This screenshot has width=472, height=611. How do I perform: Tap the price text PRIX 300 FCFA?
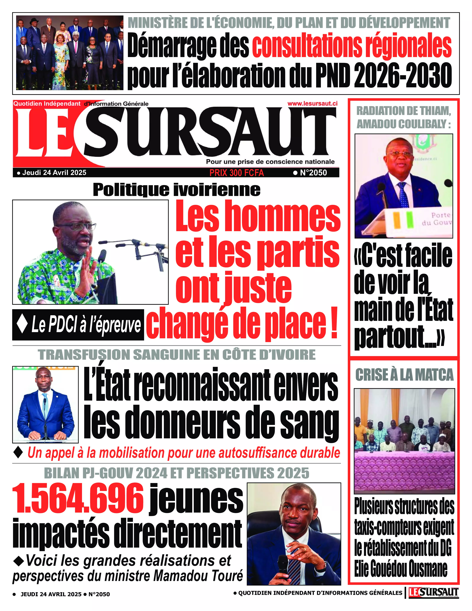tap(237, 173)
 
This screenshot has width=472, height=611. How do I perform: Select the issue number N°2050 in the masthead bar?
tap(310, 173)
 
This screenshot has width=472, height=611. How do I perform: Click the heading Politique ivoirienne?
tap(176, 190)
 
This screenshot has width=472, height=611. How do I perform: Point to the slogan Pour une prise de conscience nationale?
tap(270, 162)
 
